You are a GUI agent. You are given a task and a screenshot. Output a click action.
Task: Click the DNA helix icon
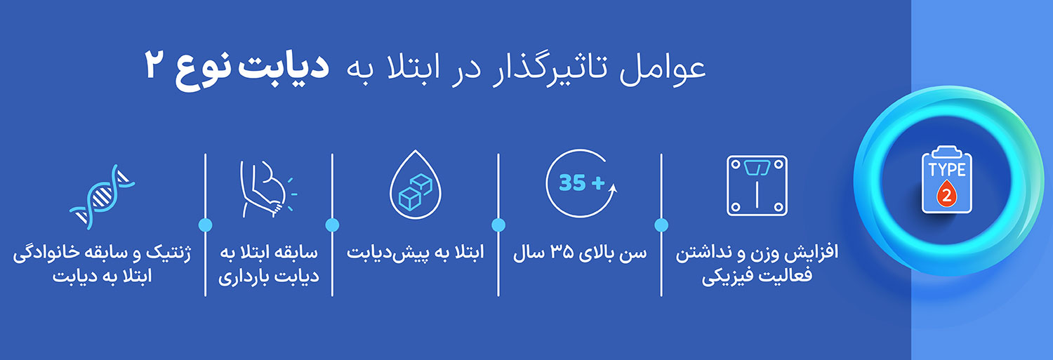click(x=102, y=197)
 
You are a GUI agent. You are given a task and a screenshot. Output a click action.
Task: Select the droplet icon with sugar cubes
click(x=415, y=185)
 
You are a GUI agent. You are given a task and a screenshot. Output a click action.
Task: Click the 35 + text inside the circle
click(x=581, y=183)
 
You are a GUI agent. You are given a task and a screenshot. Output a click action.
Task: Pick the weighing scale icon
click(x=757, y=186)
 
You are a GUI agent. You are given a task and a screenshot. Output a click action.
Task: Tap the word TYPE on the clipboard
click(x=947, y=170)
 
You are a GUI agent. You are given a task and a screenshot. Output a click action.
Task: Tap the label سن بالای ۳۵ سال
click(x=580, y=253)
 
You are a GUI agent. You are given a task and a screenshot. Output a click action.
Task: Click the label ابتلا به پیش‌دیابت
click(x=415, y=253)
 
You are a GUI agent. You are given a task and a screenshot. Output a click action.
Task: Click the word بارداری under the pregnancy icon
click(x=244, y=276)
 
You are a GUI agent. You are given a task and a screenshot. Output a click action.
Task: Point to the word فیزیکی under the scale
click(x=726, y=276)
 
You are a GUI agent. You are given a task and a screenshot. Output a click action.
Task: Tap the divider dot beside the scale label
click(x=661, y=225)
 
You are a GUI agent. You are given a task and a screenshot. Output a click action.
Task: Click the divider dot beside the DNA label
click(x=206, y=225)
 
